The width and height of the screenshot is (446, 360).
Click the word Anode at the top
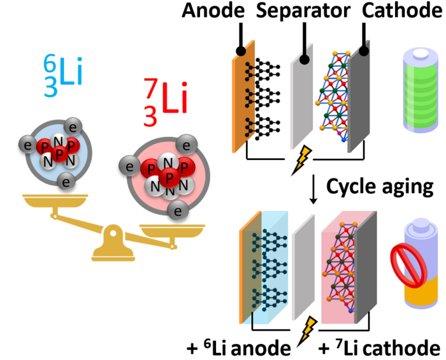tap(213, 11)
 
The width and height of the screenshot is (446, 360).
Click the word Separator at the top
tap(303, 11)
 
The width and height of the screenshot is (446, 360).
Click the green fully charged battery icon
tap(421, 90)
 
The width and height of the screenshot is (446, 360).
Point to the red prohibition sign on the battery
tap(409, 266)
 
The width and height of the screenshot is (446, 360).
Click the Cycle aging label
tap(380, 187)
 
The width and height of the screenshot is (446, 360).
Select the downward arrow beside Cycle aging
tap(313, 189)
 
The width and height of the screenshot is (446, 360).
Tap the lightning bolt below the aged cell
tap(306, 331)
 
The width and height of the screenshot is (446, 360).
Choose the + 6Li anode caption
tap(238, 347)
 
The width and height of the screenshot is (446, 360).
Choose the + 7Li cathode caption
tap(380, 347)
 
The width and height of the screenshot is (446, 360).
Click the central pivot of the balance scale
tap(113, 233)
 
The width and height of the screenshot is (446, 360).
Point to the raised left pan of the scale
tap(55, 201)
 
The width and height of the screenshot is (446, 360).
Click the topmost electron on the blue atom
tap(73, 127)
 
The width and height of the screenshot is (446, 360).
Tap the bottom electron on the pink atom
tap(178, 211)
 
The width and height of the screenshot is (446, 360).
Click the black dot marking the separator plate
tap(305, 60)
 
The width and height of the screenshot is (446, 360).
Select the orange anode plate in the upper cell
tap(244, 96)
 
